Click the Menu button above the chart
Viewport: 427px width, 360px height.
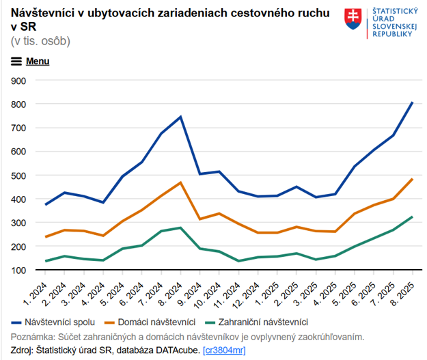coord(30,61)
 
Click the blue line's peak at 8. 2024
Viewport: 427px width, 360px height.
coord(180,117)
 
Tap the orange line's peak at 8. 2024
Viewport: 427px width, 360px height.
coord(180,182)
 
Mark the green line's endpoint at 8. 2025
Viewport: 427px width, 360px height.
coord(412,217)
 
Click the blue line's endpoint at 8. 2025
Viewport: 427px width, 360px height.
coord(412,102)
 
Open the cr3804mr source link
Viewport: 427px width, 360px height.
coord(224,350)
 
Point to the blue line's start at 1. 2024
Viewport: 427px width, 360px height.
coord(46,204)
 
